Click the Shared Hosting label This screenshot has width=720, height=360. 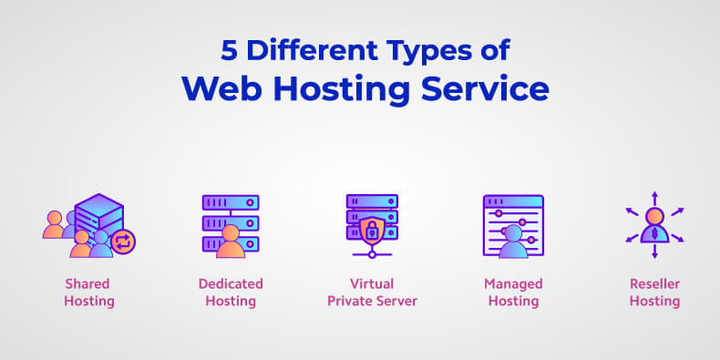[x=88, y=293]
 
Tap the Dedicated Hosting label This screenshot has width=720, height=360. [x=231, y=293]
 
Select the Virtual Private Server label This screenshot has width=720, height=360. [x=372, y=293]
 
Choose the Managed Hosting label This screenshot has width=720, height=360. [x=513, y=293]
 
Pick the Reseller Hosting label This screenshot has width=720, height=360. [x=654, y=293]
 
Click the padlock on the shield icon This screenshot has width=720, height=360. [x=372, y=231]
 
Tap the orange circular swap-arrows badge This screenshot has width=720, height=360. [x=123, y=242]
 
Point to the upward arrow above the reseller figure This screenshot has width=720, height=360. [x=654, y=199]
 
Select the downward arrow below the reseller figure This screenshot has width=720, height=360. [x=654, y=252]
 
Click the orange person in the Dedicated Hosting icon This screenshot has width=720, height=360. [x=231, y=242]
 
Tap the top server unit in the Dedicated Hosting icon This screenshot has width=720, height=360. [x=231, y=202]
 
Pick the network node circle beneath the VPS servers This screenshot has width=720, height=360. [x=372, y=254]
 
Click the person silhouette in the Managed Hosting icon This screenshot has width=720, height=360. [x=513, y=242]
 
